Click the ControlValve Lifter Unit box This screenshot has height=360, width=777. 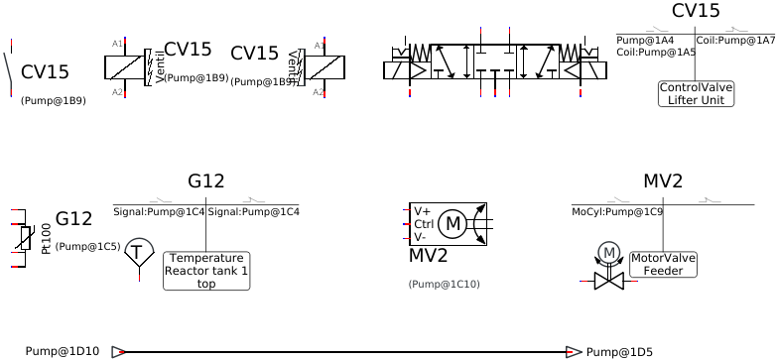click(696, 93)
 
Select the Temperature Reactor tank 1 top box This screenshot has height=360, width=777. click(206, 271)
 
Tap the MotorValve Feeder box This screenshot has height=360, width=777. click(663, 264)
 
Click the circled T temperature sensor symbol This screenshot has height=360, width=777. click(138, 252)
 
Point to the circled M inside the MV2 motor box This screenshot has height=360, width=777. click(453, 224)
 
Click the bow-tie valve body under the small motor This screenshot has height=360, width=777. click(608, 282)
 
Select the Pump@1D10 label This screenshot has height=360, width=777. click(62, 351)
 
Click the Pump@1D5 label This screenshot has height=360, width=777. click(619, 352)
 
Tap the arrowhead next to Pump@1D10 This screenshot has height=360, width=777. click(118, 351)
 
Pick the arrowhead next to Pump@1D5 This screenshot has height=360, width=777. click(574, 352)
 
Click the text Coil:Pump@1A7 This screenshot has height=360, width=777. click(735, 41)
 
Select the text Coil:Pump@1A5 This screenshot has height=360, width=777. click(656, 52)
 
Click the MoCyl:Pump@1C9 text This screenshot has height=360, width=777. click(617, 211)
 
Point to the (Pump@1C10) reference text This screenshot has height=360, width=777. click(444, 284)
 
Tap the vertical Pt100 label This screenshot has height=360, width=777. click(46, 238)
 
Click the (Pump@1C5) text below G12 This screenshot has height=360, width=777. click(87, 246)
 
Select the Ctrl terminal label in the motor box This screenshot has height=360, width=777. click(422, 224)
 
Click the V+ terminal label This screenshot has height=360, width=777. click(422, 211)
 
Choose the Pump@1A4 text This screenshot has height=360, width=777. click(645, 41)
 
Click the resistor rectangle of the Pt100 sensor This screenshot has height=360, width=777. click(25, 238)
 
